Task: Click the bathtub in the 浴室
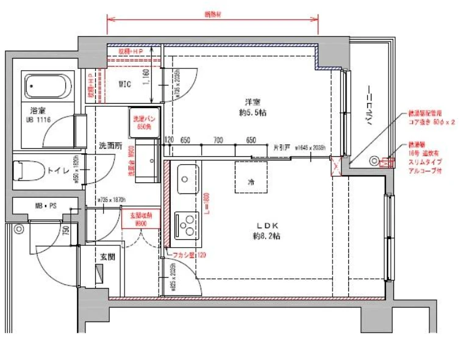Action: tap(47, 86)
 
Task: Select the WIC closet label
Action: tap(126, 84)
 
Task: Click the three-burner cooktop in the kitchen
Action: tap(185, 224)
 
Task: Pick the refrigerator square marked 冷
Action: tap(251, 181)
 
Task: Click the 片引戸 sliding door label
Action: tap(281, 148)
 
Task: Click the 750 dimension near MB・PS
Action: tap(65, 231)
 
